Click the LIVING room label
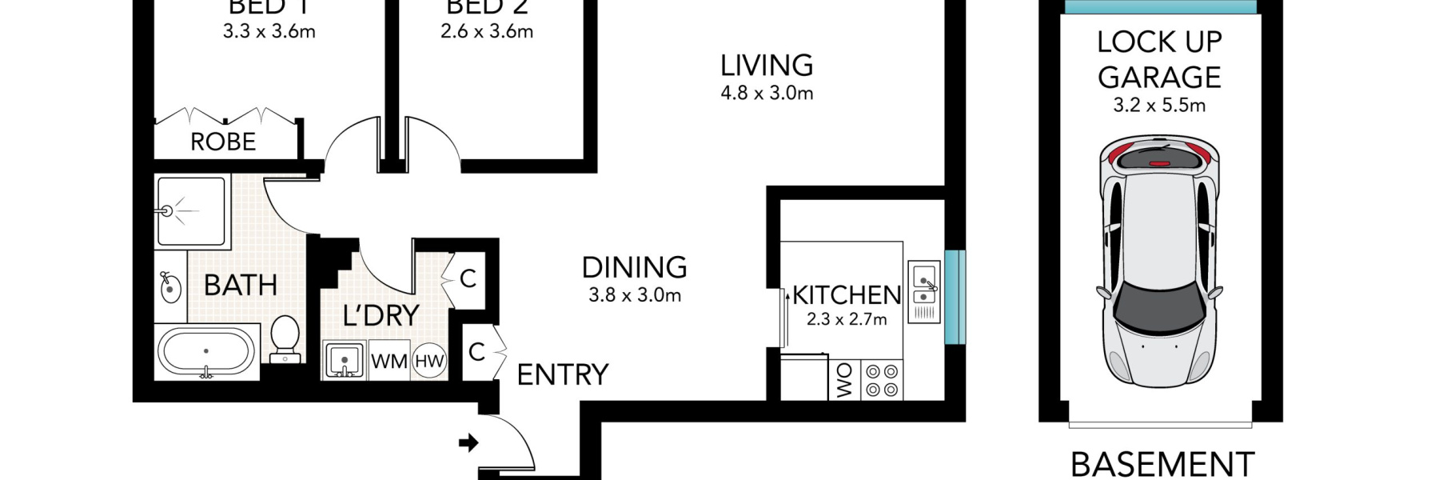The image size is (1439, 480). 766,66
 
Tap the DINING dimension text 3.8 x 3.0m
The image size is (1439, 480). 635,295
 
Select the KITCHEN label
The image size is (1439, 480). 847,295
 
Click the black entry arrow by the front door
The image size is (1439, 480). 468,442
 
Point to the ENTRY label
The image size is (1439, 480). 562,374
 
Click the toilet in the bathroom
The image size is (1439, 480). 285,339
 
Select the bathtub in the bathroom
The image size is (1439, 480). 206,352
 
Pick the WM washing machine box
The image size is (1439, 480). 389,361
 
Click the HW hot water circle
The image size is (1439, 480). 429,361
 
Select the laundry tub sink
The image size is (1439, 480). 345,360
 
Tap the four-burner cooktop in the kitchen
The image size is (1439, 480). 882,381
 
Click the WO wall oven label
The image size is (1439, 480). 844,381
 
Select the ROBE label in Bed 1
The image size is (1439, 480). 223,142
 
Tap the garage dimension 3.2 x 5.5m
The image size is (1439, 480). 1159,106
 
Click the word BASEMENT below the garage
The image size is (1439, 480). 1162,464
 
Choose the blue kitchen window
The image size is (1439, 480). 955,297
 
